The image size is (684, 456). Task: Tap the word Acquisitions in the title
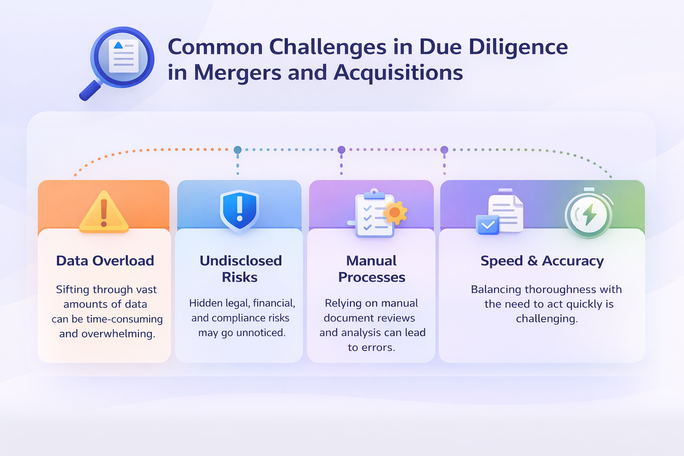click(398, 73)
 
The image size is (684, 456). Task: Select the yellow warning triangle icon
click(104, 212)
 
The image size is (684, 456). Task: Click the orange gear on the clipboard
click(395, 213)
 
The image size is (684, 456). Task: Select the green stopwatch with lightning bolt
click(589, 215)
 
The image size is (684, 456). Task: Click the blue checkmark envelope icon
click(488, 224)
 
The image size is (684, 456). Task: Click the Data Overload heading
click(105, 261)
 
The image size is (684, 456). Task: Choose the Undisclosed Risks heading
click(240, 269)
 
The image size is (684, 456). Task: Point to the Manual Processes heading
click(371, 269)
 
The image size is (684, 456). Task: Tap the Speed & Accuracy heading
click(542, 261)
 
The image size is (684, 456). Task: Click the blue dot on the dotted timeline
click(238, 150)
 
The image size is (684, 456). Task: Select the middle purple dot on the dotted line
click(342, 150)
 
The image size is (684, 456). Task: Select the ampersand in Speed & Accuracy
click(533, 261)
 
